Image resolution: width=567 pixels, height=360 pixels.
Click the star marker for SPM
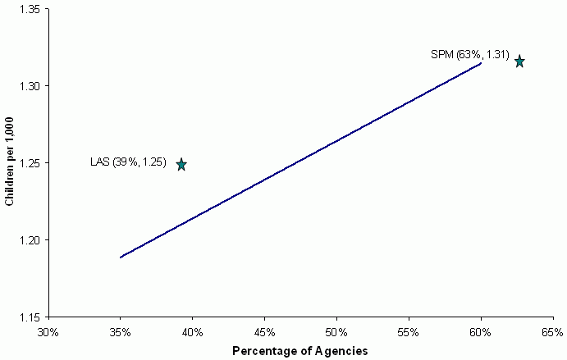pos(519,62)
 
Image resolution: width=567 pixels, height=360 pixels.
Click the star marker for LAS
pos(181,164)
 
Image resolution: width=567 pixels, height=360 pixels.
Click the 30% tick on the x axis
pos(48,332)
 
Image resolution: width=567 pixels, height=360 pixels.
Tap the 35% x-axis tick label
pos(121,332)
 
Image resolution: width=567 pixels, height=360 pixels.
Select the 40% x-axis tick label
pos(193,332)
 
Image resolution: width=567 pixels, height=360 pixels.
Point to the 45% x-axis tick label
pos(264,332)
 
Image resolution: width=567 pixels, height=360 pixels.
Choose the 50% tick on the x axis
pos(336,332)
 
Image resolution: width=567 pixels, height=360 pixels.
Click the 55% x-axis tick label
pos(409,332)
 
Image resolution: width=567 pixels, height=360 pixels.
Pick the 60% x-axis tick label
pos(481,332)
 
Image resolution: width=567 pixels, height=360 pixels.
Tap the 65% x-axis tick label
pos(552,332)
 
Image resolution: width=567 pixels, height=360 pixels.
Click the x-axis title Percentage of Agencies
pos(300,351)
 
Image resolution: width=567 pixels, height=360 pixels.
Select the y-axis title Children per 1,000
pos(10,162)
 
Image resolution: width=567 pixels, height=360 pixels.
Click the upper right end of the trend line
pos(481,63)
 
